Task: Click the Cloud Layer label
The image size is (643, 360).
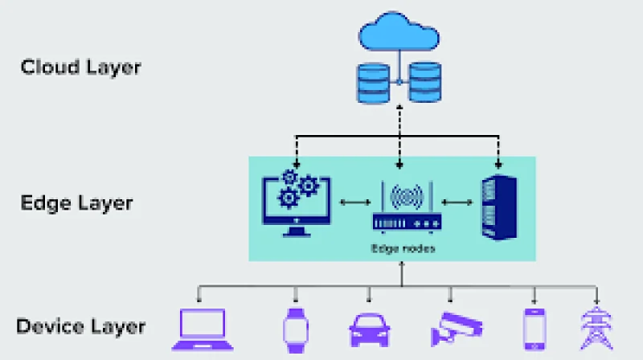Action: (x=80, y=66)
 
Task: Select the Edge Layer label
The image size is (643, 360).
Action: (x=76, y=202)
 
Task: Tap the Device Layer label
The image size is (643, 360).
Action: (x=80, y=326)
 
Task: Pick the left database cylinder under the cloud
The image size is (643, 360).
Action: (x=373, y=84)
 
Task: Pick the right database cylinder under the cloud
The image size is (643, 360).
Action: (x=426, y=84)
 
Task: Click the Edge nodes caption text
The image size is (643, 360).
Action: (x=403, y=248)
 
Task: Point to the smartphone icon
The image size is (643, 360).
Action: (x=534, y=328)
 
